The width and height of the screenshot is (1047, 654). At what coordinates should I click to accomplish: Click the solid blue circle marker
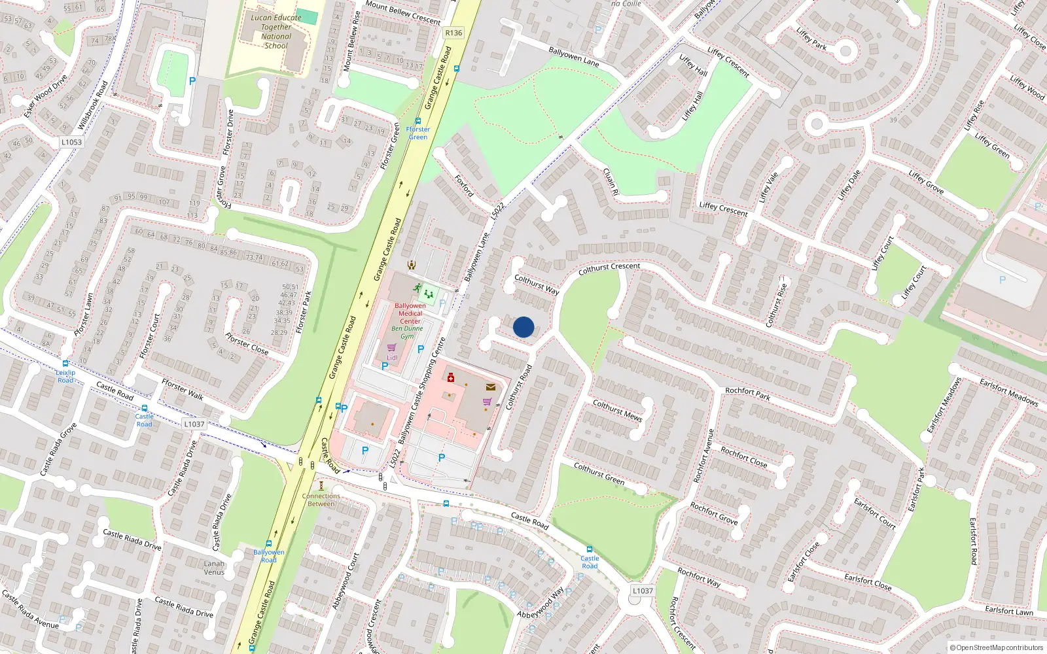coord(523,327)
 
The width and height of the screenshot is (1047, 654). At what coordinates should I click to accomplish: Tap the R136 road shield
coord(453,33)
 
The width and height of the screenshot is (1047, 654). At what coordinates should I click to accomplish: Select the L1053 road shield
coord(71,142)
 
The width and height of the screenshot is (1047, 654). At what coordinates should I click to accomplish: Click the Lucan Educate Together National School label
coord(276,31)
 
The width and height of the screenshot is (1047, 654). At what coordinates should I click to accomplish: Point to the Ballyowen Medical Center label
coord(410,313)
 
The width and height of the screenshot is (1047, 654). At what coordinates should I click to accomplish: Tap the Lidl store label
coord(392,358)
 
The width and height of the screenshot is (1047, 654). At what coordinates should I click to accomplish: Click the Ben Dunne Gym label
coord(407,332)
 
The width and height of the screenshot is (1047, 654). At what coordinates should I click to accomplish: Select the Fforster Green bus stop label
coord(418,133)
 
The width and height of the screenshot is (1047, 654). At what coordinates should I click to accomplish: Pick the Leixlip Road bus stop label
coord(65,376)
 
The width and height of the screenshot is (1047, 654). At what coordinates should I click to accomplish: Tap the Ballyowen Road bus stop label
coord(269,556)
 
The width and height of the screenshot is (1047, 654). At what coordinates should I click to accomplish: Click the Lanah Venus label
coord(214,568)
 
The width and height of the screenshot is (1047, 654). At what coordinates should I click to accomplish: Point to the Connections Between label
coord(321,500)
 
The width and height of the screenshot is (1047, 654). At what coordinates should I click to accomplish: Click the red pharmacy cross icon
coord(451,377)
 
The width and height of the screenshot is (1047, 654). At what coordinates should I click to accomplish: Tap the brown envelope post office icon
coord(491,387)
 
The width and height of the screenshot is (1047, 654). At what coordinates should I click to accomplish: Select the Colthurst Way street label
coord(537,284)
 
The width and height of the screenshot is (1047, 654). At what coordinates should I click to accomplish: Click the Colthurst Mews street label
coord(617,410)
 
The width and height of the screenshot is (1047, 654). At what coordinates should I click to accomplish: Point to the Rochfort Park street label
coord(747,393)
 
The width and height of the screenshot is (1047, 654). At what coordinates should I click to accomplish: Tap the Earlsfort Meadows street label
coord(1008,392)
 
